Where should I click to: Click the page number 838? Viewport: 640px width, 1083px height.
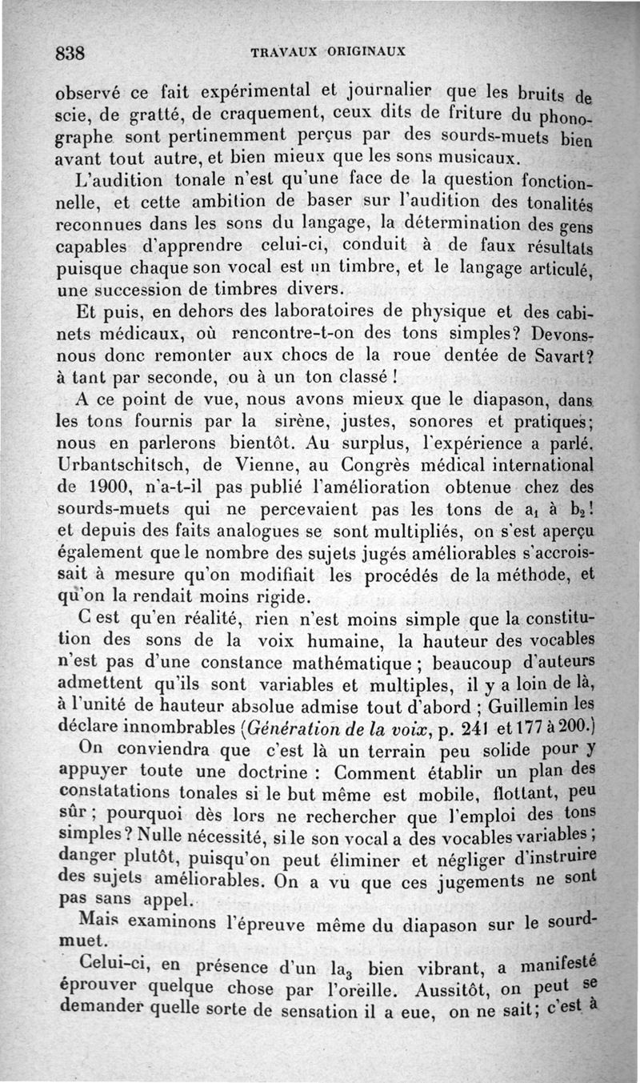[x=70, y=53]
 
